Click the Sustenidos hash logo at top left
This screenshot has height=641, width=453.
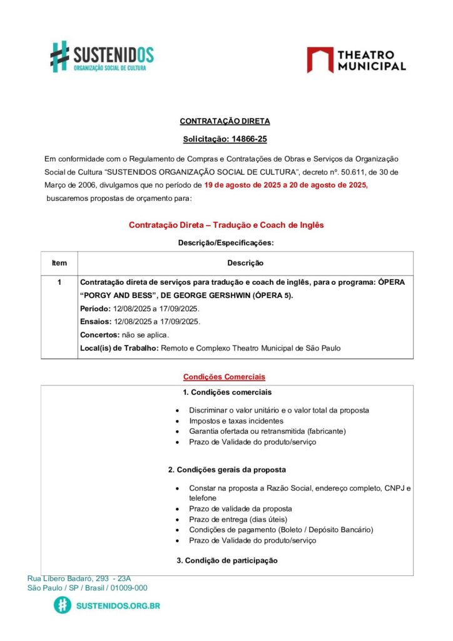click(59, 56)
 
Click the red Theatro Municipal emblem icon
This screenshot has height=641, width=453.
click(320, 60)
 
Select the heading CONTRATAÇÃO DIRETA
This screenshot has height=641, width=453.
click(225, 121)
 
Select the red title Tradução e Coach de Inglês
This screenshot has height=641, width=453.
click(226, 225)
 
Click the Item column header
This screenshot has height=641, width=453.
click(59, 263)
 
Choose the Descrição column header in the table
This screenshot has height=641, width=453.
click(245, 263)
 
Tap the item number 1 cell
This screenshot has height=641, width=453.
click(59, 282)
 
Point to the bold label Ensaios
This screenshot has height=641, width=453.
click(94, 322)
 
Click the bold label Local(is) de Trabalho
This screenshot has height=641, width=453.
click(119, 348)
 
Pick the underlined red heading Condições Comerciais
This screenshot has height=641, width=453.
click(224, 377)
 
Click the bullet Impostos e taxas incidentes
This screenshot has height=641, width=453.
click(236, 421)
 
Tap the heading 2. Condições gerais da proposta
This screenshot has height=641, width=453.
click(227, 469)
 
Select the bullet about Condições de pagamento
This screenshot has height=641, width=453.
click(281, 530)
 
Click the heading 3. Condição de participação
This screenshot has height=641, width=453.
click(227, 560)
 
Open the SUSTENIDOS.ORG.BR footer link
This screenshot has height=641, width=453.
click(117, 606)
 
